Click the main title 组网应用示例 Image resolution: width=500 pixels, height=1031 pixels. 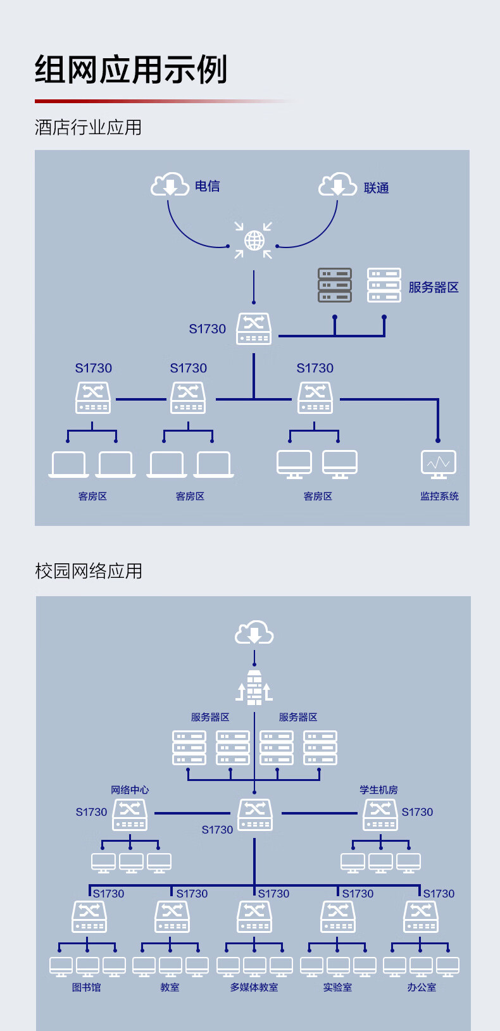(x=131, y=70)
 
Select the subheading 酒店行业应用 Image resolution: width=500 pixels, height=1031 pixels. (x=88, y=128)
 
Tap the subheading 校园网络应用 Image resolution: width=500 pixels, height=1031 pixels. (x=89, y=572)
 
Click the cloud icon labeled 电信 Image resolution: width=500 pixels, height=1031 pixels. (x=170, y=185)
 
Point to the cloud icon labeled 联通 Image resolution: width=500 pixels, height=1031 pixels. (x=337, y=185)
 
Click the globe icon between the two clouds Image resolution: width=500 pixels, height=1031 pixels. (x=254, y=241)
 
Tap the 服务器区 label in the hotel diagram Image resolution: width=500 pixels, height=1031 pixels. (x=434, y=287)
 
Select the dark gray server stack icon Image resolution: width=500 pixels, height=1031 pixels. (x=335, y=285)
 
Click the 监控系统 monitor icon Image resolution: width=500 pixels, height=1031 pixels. (x=439, y=464)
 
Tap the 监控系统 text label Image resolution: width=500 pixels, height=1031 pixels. (x=439, y=496)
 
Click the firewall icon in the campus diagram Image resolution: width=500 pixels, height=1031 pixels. (x=254, y=687)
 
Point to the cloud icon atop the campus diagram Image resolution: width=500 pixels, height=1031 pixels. (x=254, y=632)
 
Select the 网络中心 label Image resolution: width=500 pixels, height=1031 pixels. (x=130, y=790)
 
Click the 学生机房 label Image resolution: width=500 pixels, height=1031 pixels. (x=378, y=790)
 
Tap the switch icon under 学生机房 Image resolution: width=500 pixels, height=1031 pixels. (x=380, y=815)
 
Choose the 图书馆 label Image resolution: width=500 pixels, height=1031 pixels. (x=87, y=987)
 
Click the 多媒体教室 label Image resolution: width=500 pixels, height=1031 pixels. (x=254, y=987)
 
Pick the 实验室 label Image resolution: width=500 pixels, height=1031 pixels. (x=337, y=987)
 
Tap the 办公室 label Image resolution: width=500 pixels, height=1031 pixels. (x=422, y=987)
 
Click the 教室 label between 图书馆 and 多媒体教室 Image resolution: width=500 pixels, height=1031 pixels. (x=170, y=987)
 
